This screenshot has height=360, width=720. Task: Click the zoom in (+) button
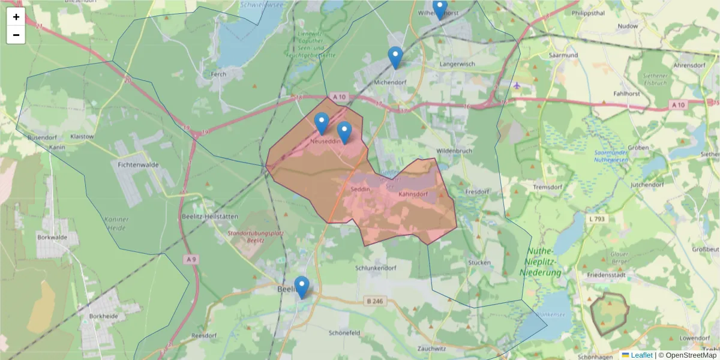tap(16, 17)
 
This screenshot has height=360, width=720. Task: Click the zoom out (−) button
tap(16, 35)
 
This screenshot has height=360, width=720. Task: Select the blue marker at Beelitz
tap(302, 287)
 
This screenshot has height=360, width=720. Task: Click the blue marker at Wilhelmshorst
tap(440, 9)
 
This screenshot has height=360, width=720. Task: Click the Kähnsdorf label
tap(413, 194)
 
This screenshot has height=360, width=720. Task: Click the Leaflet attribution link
tap(641, 355)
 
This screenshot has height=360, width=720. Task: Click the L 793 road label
tap(597, 219)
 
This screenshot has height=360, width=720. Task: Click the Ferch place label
tap(218, 75)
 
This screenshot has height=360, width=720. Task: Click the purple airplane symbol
tap(517, 85)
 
